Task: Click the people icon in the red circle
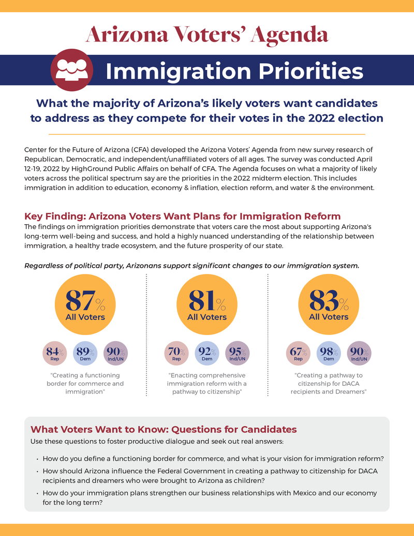[72, 70]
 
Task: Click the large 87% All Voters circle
[85, 305]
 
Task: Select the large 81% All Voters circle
[206, 305]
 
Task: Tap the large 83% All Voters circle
[329, 305]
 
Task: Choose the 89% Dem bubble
[85, 353]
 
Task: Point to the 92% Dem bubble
[207, 353]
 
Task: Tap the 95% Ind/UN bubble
[237, 353]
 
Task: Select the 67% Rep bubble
[298, 353]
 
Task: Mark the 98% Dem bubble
[329, 353]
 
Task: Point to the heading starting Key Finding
[182, 216]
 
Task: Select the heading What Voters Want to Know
[164, 429]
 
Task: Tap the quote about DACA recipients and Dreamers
[330, 384]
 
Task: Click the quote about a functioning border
[85, 384]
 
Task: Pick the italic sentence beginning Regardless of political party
[191, 266]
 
